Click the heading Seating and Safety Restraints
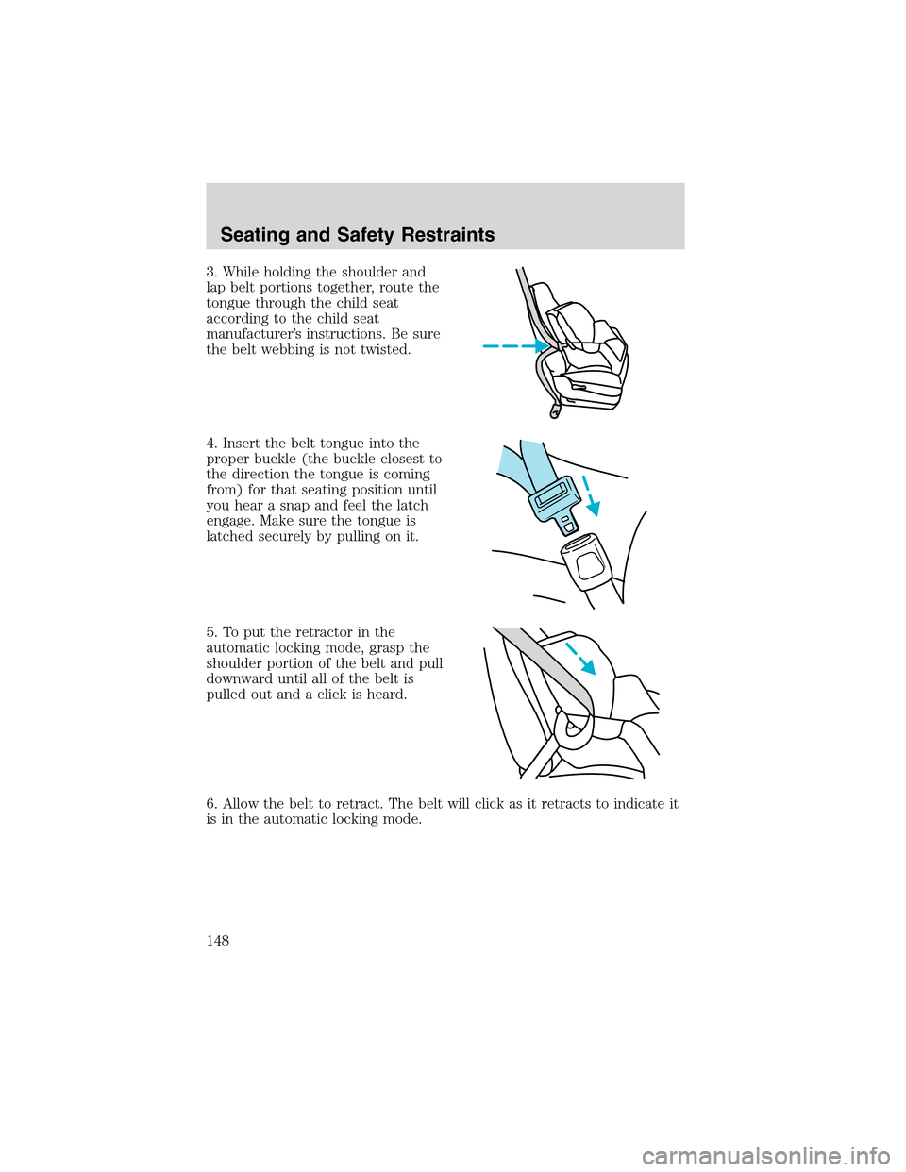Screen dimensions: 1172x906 pyautogui.click(x=357, y=235)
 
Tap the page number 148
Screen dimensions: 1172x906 pyautogui.click(x=218, y=940)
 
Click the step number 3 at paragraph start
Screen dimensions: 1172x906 pyautogui.click(x=210, y=272)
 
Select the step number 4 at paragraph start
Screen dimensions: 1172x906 pyautogui.click(x=210, y=444)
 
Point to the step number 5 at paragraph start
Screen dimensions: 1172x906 pyautogui.click(x=210, y=632)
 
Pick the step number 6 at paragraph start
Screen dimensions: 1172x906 pyautogui.click(x=210, y=804)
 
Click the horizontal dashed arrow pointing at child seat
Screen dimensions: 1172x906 pyautogui.click(x=514, y=346)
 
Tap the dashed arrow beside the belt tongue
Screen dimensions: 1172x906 pyautogui.click(x=590, y=494)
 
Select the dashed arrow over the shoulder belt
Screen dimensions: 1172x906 pyautogui.click(x=580, y=658)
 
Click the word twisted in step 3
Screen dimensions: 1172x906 pyautogui.click(x=388, y=350)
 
